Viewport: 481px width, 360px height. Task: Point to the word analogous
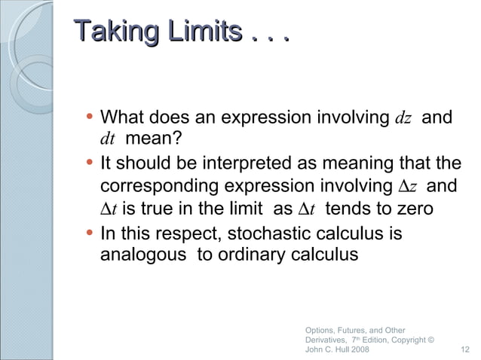pyautogui.click(x=144, y=255)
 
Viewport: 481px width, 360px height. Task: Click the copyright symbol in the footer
pyautogui.click(x=430, y=340)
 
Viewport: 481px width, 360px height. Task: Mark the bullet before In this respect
pyautogui.click(x=90, y=231)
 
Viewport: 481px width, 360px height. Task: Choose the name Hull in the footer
pyautogui.click(x=332, y=350)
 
